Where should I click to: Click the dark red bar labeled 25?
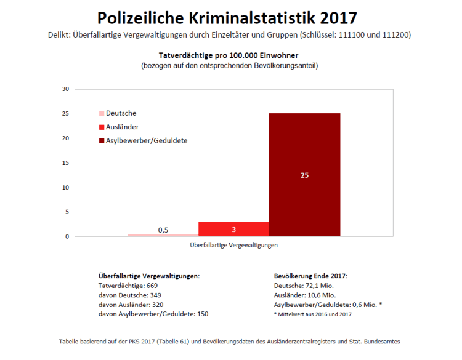click(x=304, y=175)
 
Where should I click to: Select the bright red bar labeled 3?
click(x=233, y=229)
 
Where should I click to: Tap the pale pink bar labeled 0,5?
click(x=163, y=234)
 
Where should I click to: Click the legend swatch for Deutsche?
click(x=102, y=114)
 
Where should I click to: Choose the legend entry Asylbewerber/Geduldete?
click(x=146, y=140)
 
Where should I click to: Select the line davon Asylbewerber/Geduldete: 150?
click(x=153, y=314)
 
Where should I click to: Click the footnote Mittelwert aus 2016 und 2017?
click(x=314, y=314)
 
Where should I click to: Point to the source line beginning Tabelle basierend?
click(x=233, y=340)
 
